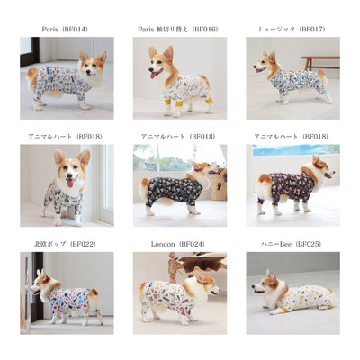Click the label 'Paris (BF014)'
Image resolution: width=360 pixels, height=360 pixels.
[65, 29]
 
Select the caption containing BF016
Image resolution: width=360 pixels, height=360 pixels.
[178, 29]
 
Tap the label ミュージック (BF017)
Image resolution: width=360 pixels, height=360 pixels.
[292, 29]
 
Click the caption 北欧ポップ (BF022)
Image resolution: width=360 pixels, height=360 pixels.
[65, 243]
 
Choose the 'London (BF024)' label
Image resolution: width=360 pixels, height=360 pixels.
[178, 243]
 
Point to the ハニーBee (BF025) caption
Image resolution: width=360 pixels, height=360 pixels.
[292, 243]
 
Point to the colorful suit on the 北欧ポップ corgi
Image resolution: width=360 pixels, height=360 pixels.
[72, 299]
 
